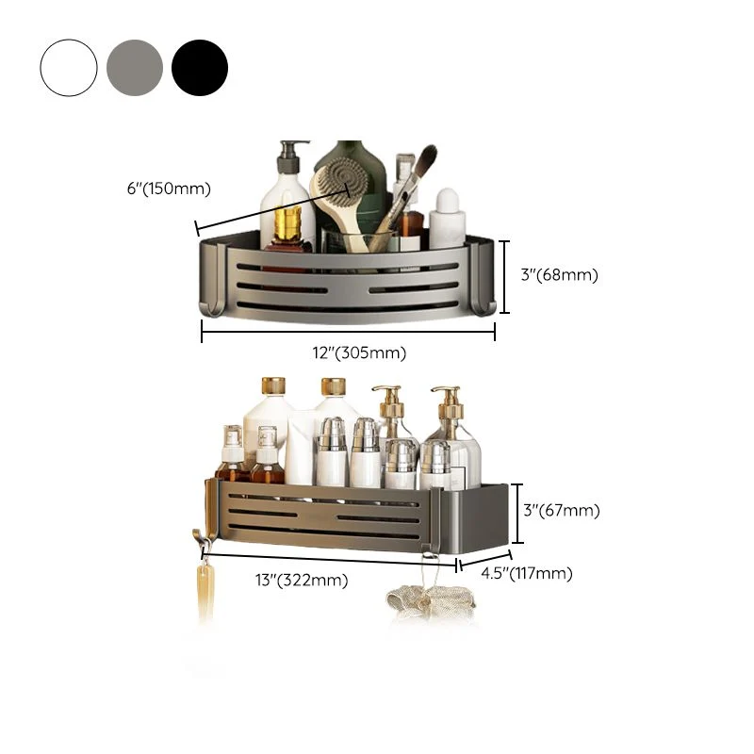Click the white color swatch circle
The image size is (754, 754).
point(69,68)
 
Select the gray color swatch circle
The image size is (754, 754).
point(135,68)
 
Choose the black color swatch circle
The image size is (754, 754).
point(200,68)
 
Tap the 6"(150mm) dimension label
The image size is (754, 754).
point(169,188)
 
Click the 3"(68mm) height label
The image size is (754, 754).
point(560,275)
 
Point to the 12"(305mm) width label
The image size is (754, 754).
point(359,352)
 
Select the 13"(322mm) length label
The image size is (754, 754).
point(302,580)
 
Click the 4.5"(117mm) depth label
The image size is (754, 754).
point(527,573)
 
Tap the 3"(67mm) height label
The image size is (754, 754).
point(562,510)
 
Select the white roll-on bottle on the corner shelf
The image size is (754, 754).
point(447,219)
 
